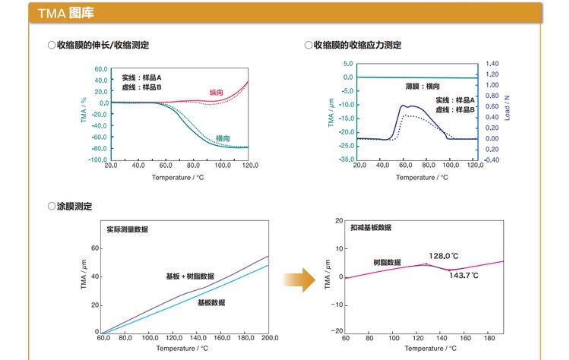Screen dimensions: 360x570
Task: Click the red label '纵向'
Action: (x=217, y=93)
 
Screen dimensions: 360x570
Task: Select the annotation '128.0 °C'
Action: (x=444, y=256)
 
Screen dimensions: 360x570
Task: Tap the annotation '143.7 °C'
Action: (x=464, y=275)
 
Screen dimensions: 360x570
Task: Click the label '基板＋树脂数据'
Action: (x=190, y=276)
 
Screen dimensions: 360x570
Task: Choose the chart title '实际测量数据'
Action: (x=127, y=229)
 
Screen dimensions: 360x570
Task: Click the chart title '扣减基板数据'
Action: (x=370, y=227)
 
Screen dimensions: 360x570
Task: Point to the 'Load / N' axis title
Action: (x=508, y=112)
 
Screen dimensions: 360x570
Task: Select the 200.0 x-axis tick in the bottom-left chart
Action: (x=268, y=338)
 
